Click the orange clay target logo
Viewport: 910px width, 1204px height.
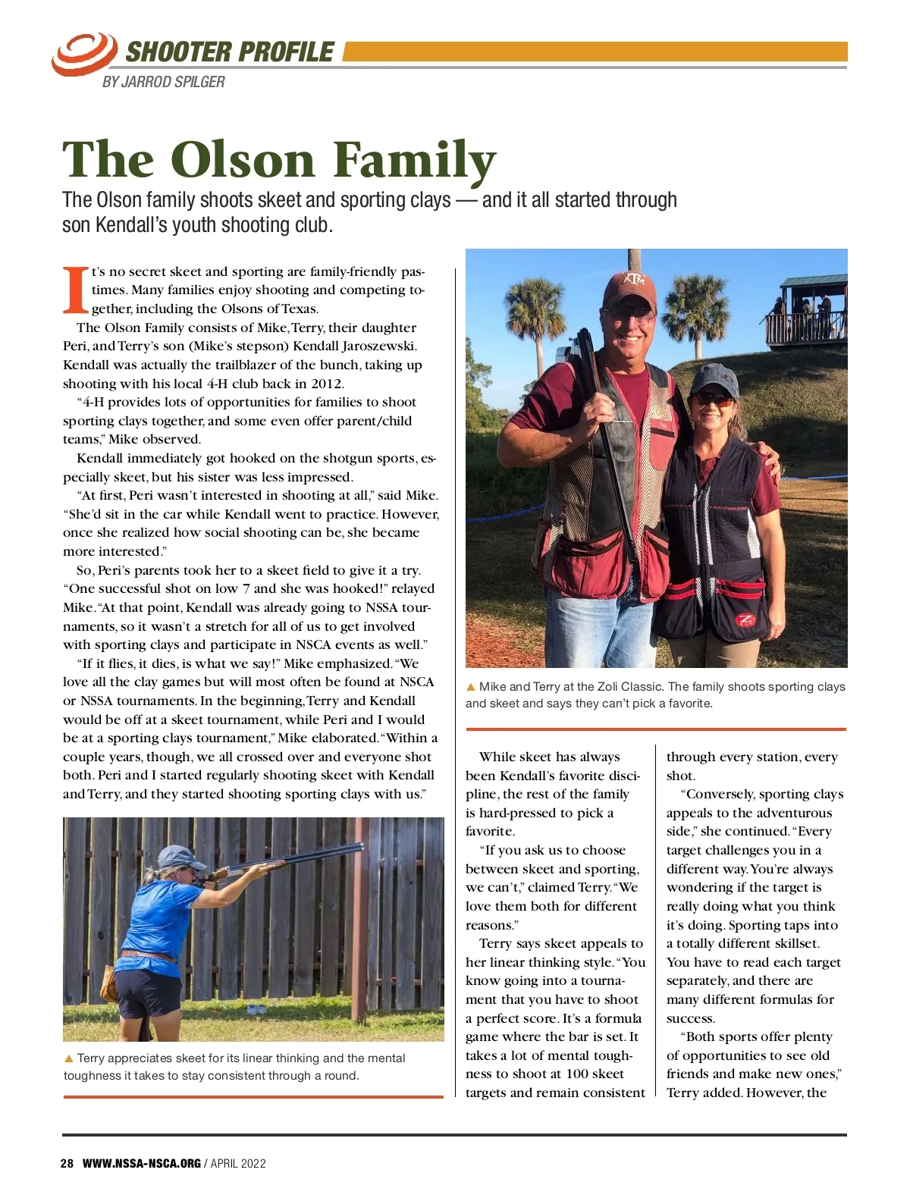click(x=83, y=53)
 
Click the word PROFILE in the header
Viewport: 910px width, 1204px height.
click(x=282, y=52)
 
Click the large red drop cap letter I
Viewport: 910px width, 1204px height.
click(x=74, y=290)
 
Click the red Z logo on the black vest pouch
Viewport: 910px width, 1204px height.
click(x=745, y=620)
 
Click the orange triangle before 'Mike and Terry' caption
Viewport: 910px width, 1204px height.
click(x=470, y=687)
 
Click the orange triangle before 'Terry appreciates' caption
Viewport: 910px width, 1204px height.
click(x=68, y=1058)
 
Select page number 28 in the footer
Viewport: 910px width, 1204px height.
click(x=67, y=1164)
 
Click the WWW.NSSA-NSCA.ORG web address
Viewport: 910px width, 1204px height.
click(x=142, y=1164)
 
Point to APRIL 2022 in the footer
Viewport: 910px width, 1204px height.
click(x=238, y=1164)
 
